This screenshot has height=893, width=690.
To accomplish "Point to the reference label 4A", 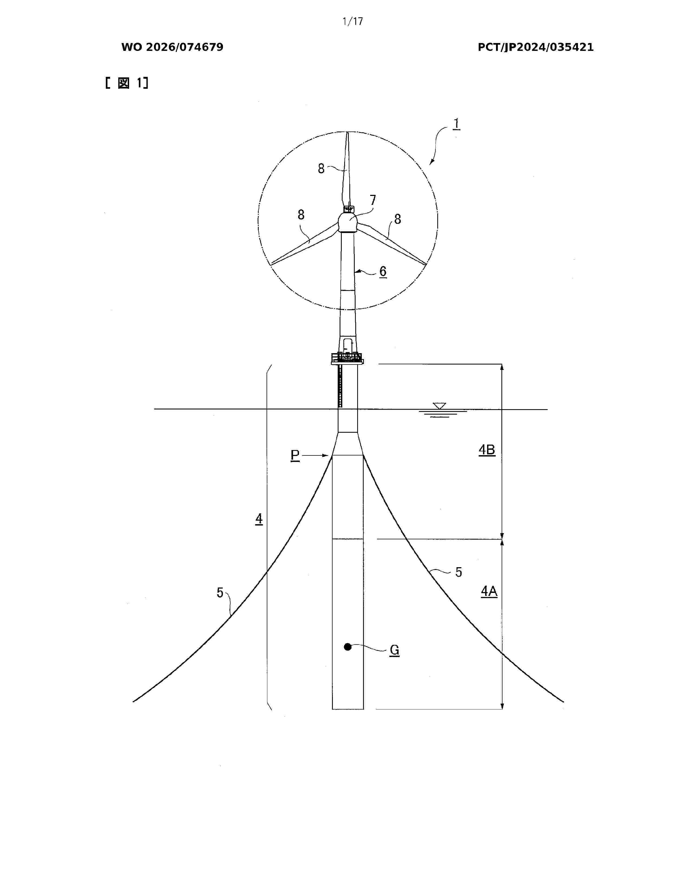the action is click(489, 592).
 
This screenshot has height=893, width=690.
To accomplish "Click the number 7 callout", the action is click(373, 200).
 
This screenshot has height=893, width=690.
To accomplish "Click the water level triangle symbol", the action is click(440, 406).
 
